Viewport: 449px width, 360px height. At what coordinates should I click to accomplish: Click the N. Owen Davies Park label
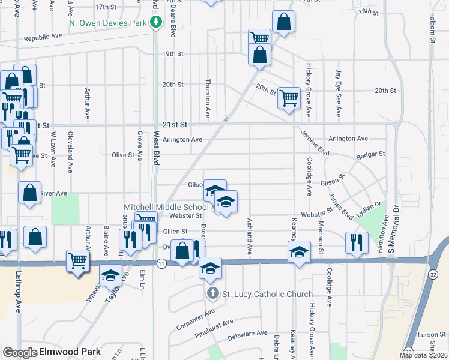109,23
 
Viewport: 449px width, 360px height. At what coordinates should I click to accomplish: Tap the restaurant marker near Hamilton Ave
357,242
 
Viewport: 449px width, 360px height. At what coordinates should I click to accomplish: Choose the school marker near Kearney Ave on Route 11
299,251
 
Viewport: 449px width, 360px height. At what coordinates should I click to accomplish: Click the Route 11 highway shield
161,263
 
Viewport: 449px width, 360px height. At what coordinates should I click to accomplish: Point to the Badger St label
370,154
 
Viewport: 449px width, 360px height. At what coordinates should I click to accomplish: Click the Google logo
20,352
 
